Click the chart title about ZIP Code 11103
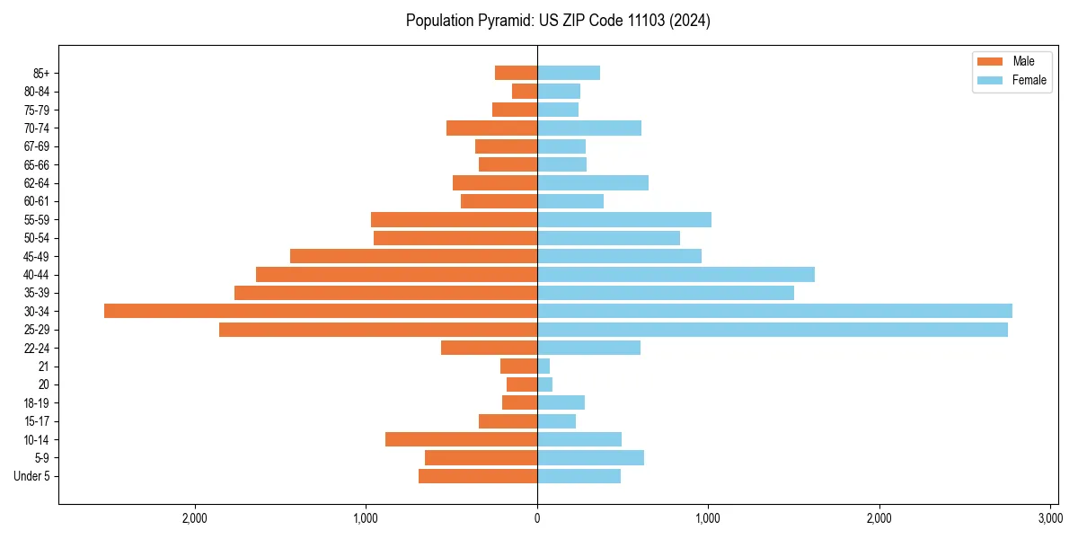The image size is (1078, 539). [558, 21]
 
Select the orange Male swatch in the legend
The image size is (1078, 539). [989, 61]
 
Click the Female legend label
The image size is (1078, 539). [1029, 80]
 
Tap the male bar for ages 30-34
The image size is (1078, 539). [321, 311]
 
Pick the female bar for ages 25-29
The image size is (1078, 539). [773, 330]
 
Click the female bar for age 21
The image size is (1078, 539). [543, 367]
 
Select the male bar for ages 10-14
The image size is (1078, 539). [461, 439]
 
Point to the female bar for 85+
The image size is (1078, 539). [569, 73]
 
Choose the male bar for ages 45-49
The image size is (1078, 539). [413, 256]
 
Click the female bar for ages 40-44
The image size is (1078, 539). [676, 274]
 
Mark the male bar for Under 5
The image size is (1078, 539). [478, 476]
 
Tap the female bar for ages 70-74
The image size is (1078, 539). [589, 128]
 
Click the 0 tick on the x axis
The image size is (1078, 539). [537, 518]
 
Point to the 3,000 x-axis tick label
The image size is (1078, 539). [1050, 518]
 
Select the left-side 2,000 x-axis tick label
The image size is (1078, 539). [195, 518]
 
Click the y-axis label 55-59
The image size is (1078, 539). [37, 220]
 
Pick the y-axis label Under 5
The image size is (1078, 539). [32, 476]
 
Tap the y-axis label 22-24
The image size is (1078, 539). [37, 348]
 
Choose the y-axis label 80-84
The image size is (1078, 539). [37, 92]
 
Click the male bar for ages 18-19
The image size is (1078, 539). [519, 402]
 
